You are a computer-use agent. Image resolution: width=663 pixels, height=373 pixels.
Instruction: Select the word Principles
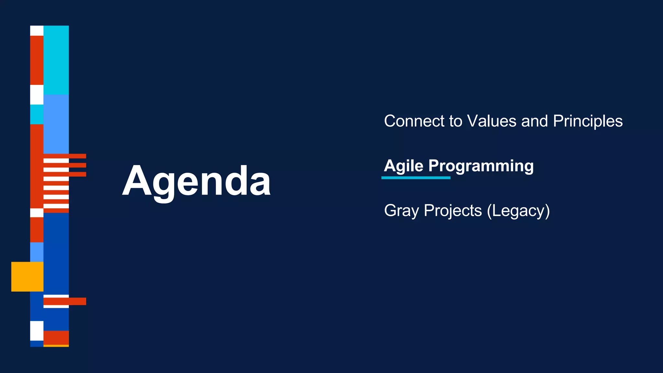click(x=588, y=121)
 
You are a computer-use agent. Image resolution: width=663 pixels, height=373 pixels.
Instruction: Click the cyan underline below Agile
click(x=416, y=178)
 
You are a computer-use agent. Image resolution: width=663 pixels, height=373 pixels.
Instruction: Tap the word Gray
click(x=401, y=211)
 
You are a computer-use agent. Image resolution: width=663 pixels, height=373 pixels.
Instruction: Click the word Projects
click(x=453, y=211)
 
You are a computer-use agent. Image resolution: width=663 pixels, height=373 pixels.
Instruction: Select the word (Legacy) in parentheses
click(x=518, y=211)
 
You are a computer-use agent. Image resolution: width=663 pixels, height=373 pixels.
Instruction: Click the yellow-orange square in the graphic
click(x=27, y=277)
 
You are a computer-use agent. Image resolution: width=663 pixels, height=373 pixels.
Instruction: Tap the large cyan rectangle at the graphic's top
click(x=56, y=60)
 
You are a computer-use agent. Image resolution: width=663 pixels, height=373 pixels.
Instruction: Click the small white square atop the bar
click(x=37, y=30)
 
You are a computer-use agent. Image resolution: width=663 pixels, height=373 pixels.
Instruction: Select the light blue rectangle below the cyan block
click(x=56, y=124)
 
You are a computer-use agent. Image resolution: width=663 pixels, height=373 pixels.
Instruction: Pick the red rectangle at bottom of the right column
click(x=56, y=338)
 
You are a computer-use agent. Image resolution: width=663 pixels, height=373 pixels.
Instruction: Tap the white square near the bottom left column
click(x=37, y=331)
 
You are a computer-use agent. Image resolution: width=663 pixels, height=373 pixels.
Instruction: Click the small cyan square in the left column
click(x=37, y=114)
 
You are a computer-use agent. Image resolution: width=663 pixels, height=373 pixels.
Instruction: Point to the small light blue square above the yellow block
click(x=37, y=252)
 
